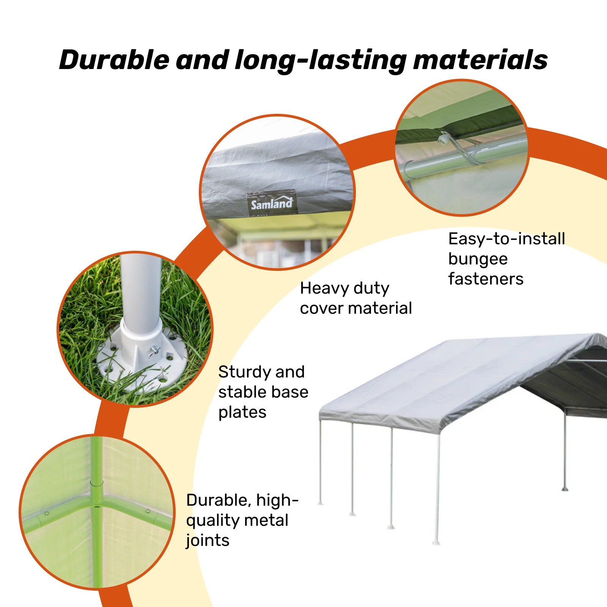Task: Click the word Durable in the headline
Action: (x=114, y=60)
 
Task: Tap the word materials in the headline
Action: (x=480, y=60)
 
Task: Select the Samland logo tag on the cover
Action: (x=272, y=203)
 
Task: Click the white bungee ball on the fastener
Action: (x=443, y=139)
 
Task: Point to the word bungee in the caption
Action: (x=478, y=259)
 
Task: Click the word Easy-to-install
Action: (x=506, y=239)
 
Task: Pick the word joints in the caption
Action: (x=208, y=540)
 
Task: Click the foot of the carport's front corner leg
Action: (x=436, y=543)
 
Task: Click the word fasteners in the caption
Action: (x=486, y=279)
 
